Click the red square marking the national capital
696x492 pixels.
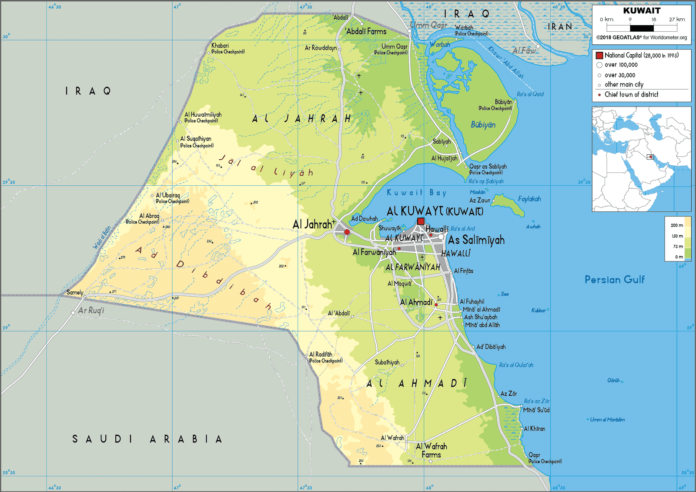(421, 221)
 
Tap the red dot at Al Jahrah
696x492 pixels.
(347, 232)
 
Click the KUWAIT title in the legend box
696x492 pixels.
(642, 10)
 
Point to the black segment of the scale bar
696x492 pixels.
(642, 28)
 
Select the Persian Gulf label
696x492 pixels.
(614, 280)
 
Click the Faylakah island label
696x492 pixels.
(529, 199)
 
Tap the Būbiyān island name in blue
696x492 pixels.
(483, 125)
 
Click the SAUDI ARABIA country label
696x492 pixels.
(147, 439)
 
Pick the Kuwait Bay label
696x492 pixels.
(416, 192)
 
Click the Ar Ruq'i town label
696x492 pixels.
(91, 311)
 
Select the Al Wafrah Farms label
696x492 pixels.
(431, 450)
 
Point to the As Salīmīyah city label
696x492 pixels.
(476, 240)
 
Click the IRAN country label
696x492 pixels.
(560, 27)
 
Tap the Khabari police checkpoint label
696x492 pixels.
(220, 46)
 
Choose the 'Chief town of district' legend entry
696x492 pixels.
(631, 94)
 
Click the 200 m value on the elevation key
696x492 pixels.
(676, 225)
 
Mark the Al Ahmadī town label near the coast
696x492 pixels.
(416, 302)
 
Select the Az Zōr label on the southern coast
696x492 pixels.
(509, 394)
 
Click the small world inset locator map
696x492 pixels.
(641, 159)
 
